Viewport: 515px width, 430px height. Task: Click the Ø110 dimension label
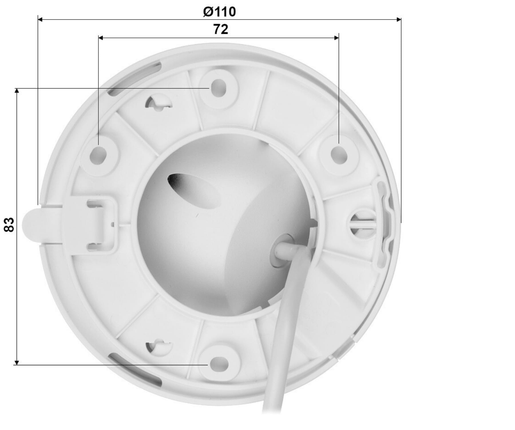[x=219, y=12]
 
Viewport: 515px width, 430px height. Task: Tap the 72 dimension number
[x=221, y=29]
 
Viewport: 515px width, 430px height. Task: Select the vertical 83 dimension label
[x=9, y=224]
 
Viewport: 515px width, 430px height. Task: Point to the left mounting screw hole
[x=98, y=156]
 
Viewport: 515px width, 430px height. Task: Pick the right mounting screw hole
[x=339, y=155]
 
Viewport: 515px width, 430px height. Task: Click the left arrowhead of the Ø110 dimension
[x=40, y=19]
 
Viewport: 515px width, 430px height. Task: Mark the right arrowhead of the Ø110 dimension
[x=399, y=19]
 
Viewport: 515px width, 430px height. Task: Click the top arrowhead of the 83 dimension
[x=17, y=91]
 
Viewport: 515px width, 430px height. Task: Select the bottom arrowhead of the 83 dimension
[x=17, y=362]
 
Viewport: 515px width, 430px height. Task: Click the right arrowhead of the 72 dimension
[x=336, y=38]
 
